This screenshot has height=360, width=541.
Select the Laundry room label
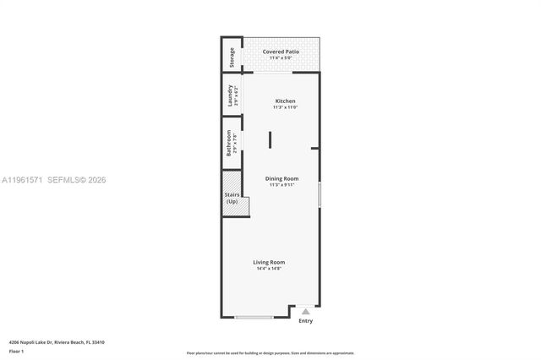coord(229,95)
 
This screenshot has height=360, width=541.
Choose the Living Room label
coord(270,262)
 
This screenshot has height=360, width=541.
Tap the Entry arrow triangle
coord(306,312)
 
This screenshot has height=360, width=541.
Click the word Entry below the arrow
coord(306,321)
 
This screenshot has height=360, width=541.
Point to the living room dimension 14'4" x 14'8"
coord(270,269)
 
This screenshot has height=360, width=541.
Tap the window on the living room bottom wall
coord(254,317)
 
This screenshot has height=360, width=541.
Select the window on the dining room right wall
coord(320,195)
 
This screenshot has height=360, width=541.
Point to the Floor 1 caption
coord(17,350)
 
